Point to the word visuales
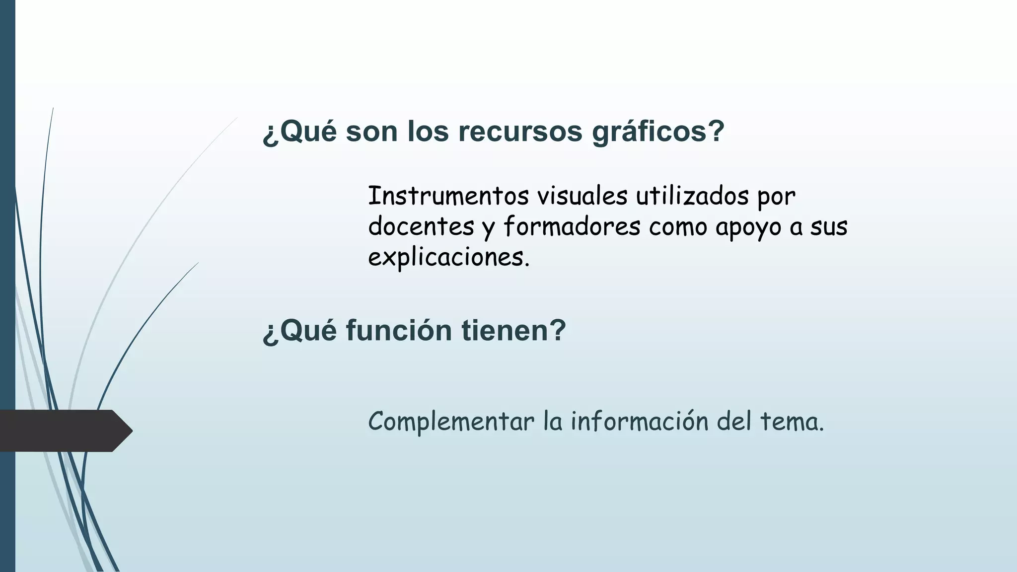click(x=582, y=196)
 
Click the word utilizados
click(x=692, y=196)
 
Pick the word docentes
click(x=421, y=227)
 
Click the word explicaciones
click(x=449, y=258)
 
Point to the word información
click(x=639, y=421)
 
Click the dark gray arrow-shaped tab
click(x=65, y=430)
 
